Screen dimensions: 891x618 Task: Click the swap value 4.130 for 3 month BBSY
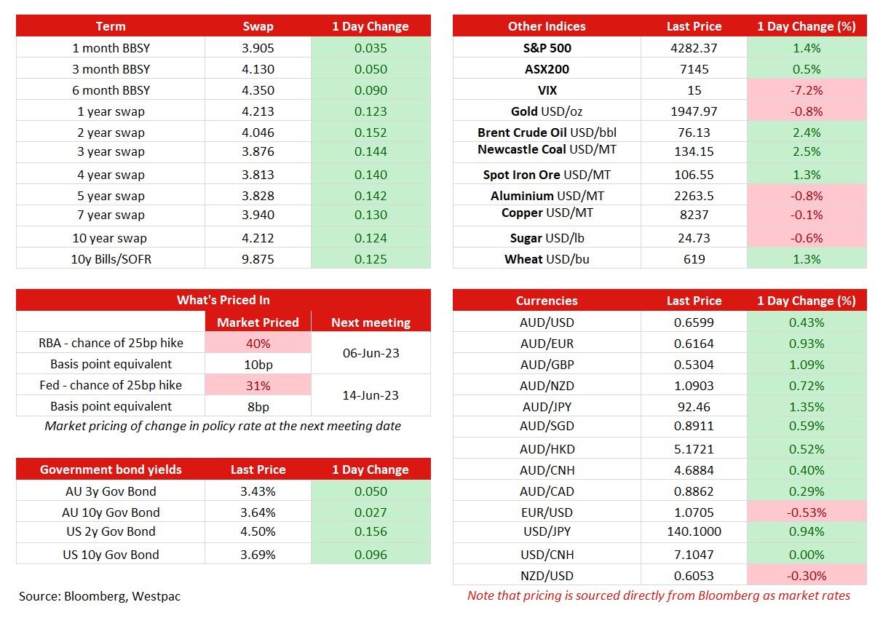click(x=258, y=69)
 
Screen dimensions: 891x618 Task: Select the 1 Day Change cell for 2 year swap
click(x=371, y=132)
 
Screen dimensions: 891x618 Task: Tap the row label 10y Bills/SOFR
click(x=111, y=259)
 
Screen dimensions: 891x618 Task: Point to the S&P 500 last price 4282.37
click(x=694, y=48)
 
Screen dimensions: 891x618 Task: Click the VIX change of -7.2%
click(x=807, y=90)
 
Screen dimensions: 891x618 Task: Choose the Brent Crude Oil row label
click(x=547, y=132)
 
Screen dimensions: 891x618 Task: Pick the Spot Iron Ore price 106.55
click(x=694, y=175)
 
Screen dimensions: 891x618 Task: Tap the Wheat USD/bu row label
click(x=547, y=259)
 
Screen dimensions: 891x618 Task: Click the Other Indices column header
click(x=547, y=26)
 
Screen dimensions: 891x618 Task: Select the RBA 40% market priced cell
click(x=258, y=343)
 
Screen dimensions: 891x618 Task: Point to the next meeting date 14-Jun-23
click(x=371, y=395)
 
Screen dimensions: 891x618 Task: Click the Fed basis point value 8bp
click(x=258, y=407)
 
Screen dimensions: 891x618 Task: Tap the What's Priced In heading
click(x=223, y=300)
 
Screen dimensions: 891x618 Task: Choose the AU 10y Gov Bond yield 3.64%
click(x=258, y=512)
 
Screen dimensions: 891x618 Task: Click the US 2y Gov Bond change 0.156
click(x=371, y=531)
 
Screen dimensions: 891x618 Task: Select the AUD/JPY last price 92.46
click(x=694, y=407)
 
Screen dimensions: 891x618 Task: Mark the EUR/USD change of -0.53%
click(x=807, y=512)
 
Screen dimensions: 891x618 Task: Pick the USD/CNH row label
click(x=547, y=555)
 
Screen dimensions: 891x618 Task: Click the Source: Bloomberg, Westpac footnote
click(x=100, y=596)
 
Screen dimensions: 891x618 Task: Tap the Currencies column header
click(x=547, y=301)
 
